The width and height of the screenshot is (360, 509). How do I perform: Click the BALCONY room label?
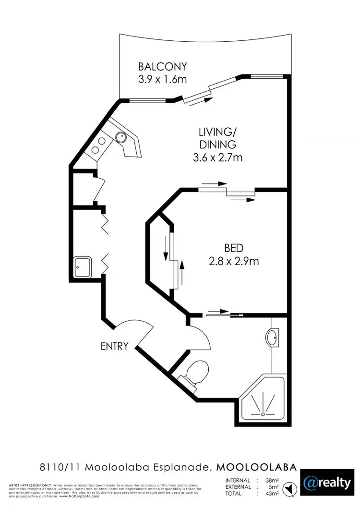[163, 66]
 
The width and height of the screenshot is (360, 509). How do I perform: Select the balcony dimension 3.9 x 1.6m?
[163, 79]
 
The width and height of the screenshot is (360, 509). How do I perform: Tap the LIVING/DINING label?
[217, 137]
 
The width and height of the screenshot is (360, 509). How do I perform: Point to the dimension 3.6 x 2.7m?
[217, 157]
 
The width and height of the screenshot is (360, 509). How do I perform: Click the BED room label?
[234, 248]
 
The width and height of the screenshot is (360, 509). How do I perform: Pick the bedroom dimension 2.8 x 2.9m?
[234, 261]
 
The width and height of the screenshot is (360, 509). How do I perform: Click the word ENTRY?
[115, 346]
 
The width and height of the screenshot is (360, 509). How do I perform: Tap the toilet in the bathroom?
[197, 372]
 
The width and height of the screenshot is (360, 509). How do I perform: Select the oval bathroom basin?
[272, 338]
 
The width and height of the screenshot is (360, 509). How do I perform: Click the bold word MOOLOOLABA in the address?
[256, 466]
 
